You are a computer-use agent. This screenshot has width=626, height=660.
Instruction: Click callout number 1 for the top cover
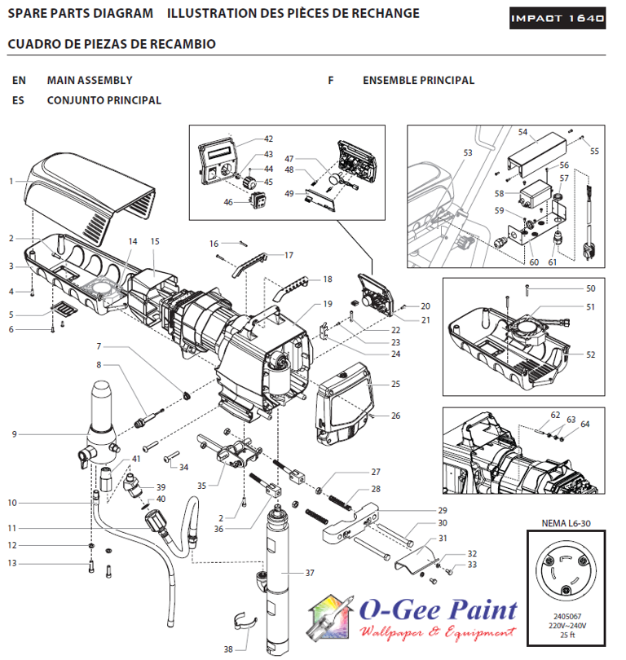click(11, 180)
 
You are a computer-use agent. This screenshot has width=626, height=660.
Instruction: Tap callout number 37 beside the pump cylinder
click(310, 573)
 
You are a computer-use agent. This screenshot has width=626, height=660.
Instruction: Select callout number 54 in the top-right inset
click(522, 131)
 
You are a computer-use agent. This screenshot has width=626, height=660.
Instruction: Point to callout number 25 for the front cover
click(396, 383)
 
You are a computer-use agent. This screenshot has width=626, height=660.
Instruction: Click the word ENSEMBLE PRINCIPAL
click(418, 81)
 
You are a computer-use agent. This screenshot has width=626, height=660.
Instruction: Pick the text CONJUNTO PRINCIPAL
click(104, 100)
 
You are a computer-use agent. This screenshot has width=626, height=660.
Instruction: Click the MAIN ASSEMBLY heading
click(90, 81)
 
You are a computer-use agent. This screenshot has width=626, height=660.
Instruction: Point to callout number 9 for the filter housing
click(14, 434)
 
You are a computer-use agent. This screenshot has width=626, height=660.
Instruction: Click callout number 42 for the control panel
click(268, 139)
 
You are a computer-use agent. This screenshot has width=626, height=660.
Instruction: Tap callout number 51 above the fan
click(590, 307)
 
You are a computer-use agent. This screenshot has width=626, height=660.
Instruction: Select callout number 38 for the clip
click(229, 649)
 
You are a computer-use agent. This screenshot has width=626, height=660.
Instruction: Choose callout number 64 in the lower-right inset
click(584, 424)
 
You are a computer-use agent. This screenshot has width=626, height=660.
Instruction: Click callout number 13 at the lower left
click(12, 563)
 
